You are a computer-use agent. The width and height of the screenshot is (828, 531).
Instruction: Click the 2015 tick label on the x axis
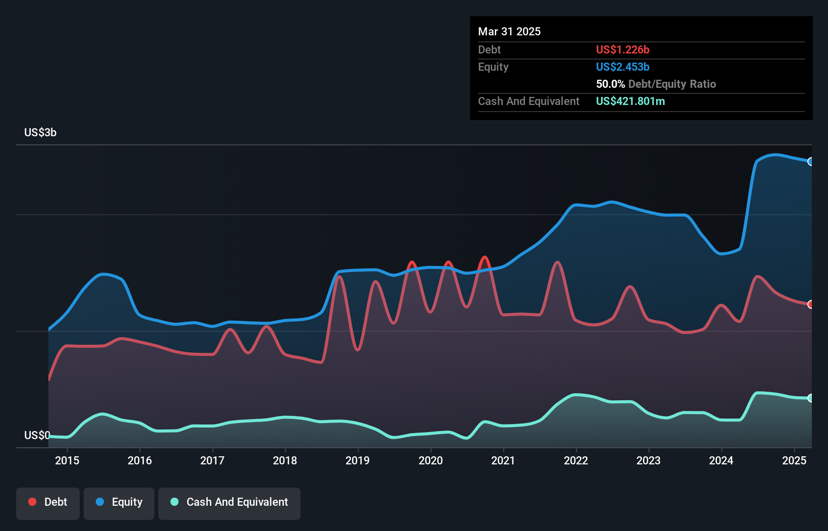[67, 460]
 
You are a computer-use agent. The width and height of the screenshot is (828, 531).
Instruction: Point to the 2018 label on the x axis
[285, 460]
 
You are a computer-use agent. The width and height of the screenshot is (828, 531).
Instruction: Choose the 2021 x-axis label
[503, 460]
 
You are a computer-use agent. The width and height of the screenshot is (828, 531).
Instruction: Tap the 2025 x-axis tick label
[794, 460]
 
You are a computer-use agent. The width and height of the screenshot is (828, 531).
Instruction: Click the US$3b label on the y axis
[40, 133]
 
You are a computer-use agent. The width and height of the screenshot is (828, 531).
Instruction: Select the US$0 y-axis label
[37, 435]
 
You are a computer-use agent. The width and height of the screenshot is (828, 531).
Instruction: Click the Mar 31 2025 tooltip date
[509, 31]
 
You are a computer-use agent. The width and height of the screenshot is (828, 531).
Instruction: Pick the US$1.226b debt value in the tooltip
[623, 49]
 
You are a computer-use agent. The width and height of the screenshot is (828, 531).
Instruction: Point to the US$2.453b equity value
[623, 67]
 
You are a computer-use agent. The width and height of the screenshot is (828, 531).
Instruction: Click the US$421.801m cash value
[630, 101]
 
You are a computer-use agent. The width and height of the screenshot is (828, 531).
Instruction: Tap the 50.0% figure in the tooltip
[610, 84]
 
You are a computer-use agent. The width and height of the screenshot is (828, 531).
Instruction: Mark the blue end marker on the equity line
[811, 162]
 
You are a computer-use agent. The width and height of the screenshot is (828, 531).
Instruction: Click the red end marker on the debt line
[811, 304]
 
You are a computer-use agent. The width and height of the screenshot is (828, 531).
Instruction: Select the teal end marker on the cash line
[811, 398]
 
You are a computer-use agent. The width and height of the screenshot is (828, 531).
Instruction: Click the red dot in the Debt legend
[32, 502]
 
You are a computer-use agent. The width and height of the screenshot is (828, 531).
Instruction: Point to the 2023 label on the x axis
[648, 460]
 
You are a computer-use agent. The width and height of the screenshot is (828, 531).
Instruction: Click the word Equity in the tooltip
[493, 67]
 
